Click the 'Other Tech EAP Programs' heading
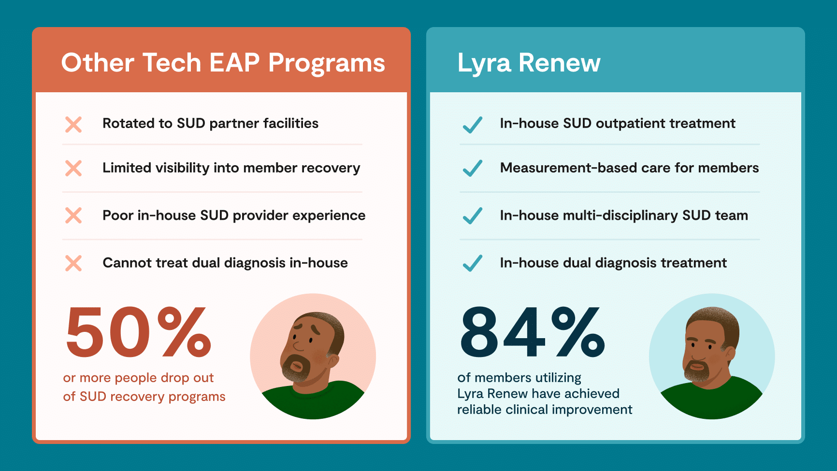pos(223,63)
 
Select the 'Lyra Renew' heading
pos(529,63)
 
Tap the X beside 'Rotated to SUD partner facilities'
pos(73,124)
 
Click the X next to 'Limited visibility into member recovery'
pos(73,168)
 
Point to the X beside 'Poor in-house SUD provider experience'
pos(73,215)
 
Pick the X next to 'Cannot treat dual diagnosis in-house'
pos(73,263)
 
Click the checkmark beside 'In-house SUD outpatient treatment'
pos(473,124)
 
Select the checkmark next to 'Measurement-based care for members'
pos(473,168)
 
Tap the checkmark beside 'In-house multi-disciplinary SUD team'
pos(473,215)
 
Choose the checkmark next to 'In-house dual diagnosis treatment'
pos(473,263)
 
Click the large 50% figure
pos(139,332)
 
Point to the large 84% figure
pos(533,332)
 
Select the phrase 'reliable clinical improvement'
pos(545,410)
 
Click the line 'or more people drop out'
pos(138,378)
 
